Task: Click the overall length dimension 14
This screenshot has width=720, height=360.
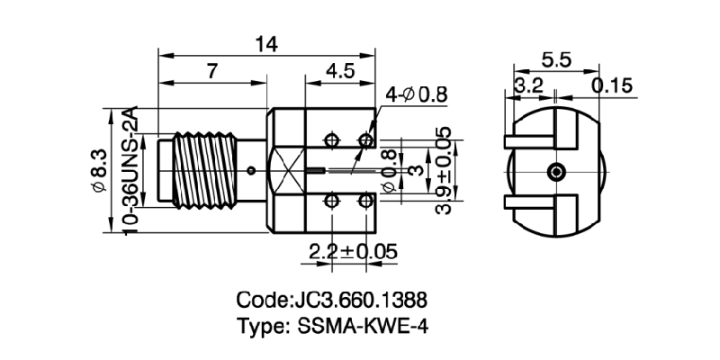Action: [267, 42]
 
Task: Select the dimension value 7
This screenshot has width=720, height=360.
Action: [211, 73]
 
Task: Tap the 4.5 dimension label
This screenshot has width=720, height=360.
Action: [339, 73]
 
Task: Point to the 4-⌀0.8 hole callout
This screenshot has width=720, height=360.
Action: [417, 94]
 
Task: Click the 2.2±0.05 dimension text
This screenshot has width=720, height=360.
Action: [352, 251]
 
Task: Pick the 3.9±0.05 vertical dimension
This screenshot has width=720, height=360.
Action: [443, 170]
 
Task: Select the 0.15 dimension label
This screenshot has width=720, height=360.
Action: [612, 85]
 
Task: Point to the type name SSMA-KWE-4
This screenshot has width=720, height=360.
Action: [331, 326]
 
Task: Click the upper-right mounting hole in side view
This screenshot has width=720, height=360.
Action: [366, 140]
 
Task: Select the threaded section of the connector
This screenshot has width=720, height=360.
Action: [206, 169]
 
